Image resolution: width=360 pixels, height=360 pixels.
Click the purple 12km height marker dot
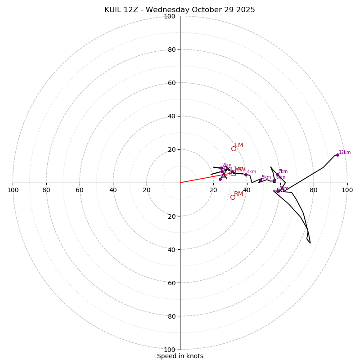click(x=337, y=155)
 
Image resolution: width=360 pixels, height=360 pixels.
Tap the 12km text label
click(x=345, y=153)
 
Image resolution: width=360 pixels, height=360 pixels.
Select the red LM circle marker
click(x=234, y=148)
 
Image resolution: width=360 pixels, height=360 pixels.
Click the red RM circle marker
click(x=233, y=197)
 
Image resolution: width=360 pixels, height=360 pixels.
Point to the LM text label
click(x=239, y=145)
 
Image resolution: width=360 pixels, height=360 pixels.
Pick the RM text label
click(x=238, y=194)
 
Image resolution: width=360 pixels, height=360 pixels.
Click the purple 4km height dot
click(x=246, y=175)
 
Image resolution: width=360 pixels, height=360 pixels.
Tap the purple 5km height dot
click(x=261, y=180)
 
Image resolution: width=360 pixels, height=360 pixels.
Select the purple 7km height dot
click(x=277, y=174)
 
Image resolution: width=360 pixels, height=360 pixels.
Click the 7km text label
click(x=283, y=171)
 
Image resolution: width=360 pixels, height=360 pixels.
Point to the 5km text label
click(x=266, y=177)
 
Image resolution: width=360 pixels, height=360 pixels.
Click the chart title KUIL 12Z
click(x=180, y=10)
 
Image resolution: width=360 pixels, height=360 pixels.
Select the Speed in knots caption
click(x=180, y=356)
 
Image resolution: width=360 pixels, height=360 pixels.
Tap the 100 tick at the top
click(x=170, y=16)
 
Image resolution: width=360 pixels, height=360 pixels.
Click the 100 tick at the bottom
click(x=170, y=349)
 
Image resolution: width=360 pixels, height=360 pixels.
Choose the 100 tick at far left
click(x=13, y=190)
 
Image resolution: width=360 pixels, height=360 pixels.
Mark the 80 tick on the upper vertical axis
click(x=171, y=49)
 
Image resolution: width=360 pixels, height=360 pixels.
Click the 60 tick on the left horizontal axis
click(x=80, y=190)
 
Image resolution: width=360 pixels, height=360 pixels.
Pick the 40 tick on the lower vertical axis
click(x=171, y=249)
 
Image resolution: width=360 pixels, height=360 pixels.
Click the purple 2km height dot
click(x=221, y=168)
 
